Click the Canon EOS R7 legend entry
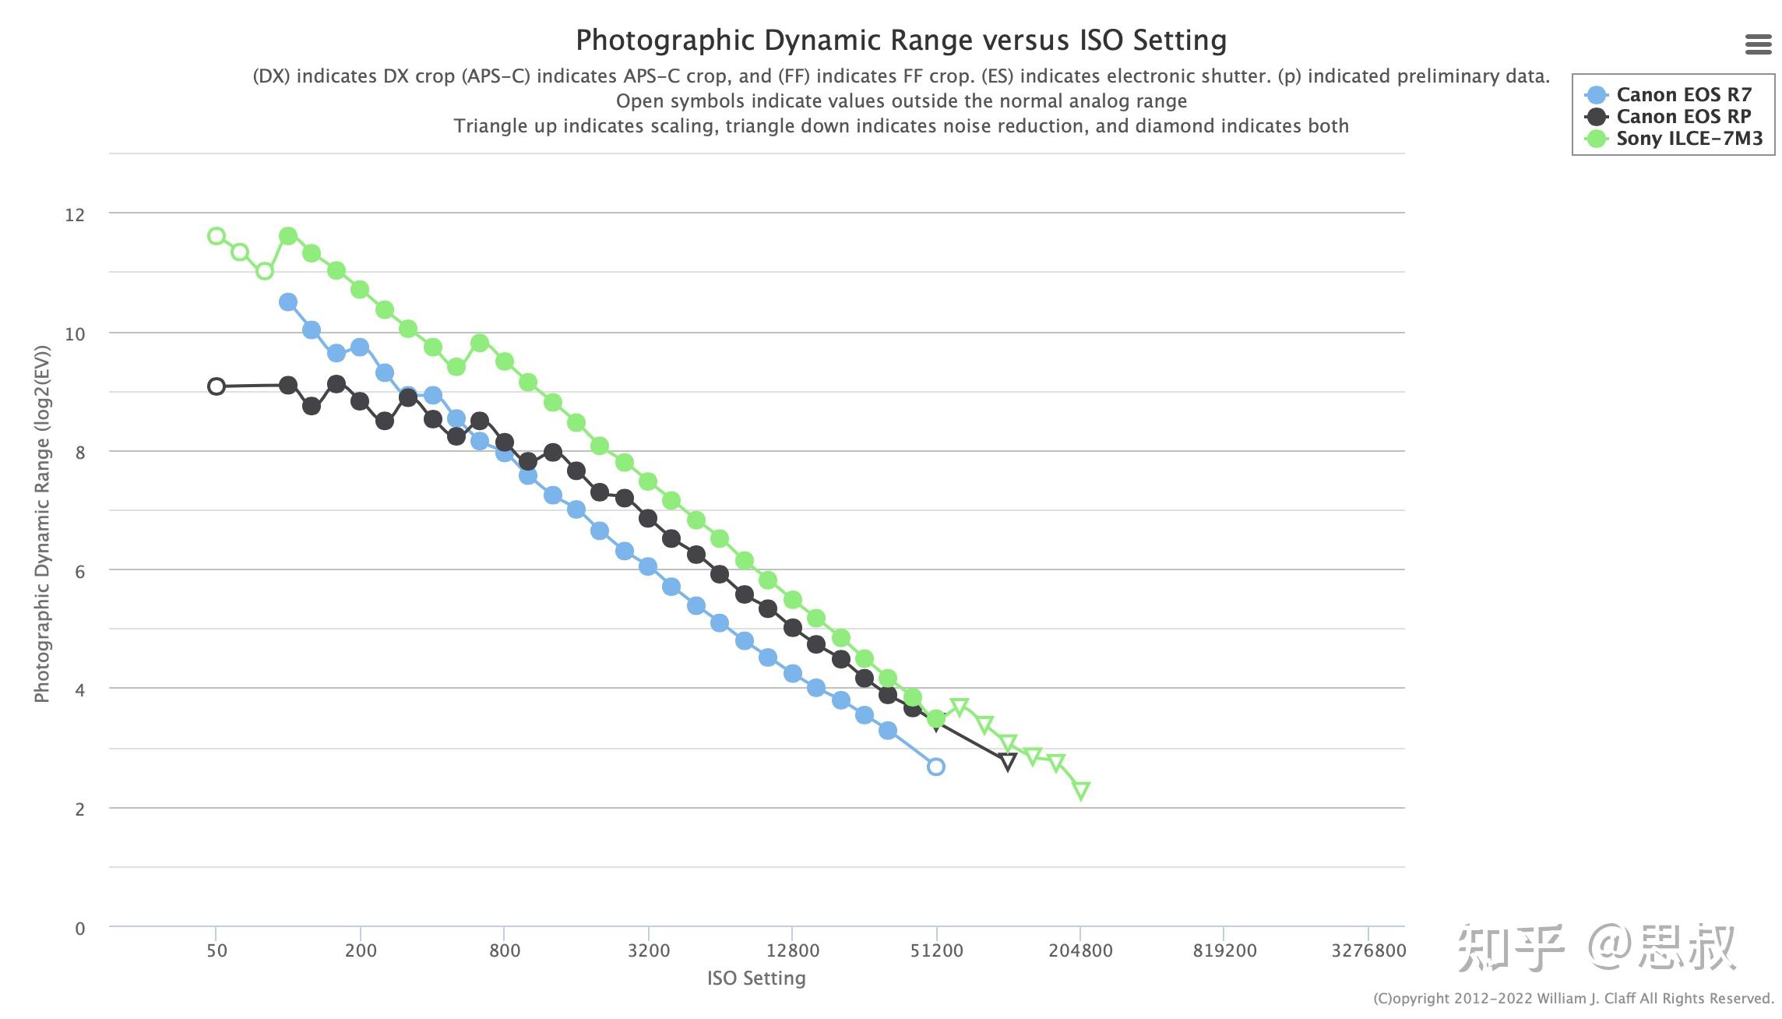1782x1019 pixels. coord(1683,95)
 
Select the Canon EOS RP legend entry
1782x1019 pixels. coord(1683,117)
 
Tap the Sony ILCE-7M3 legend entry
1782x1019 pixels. coord(1689,139)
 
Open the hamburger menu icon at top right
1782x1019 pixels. coord(1758,44)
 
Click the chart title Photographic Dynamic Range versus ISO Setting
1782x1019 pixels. coord(901,41)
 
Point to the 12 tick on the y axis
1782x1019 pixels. coord(75,215)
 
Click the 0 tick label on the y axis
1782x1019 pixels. coord(79,929)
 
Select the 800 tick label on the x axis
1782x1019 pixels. coord(505,950)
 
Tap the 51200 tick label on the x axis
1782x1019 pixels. coord(936,950)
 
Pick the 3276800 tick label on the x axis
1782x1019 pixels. coord(1368,950)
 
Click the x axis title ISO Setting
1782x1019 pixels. coord(756,978)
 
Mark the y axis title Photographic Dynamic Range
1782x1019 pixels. coord(42,524)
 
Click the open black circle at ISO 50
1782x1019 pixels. coord(217,386)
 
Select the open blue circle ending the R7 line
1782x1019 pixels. coord(936,767)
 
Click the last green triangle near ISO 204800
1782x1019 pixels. coord(1081,791)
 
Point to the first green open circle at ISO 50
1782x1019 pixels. coord(217,236)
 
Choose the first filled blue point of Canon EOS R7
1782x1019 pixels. coord(288,302)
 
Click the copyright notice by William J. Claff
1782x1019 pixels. coord(1573,999)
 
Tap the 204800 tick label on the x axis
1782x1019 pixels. coord(1080,950)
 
